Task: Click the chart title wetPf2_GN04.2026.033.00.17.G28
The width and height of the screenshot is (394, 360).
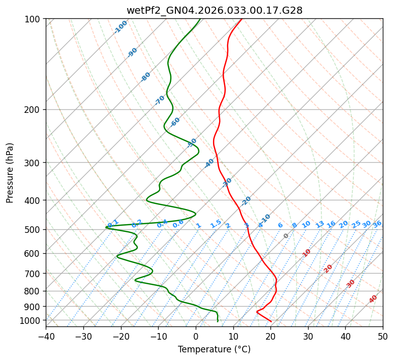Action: [x=214, y=10]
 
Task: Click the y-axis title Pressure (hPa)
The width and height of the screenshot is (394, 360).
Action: [x=10, y=173]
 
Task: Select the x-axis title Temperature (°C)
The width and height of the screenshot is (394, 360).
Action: [x=214, y=349]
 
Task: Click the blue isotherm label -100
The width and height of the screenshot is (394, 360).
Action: [x=121, y=26]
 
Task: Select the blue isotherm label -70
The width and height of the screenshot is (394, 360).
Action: [x=160, y=100]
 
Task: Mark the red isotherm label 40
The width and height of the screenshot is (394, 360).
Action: [x=373, y=299]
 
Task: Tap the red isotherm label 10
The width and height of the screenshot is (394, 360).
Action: [x=307, y=253]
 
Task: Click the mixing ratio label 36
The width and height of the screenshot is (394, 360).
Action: [x=377, y=224]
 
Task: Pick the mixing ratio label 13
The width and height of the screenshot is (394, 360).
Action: [x=320, y=224]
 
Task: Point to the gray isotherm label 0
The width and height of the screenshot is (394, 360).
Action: [x=286, y=236]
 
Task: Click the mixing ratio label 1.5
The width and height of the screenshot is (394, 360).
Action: [x=216, y=224]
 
